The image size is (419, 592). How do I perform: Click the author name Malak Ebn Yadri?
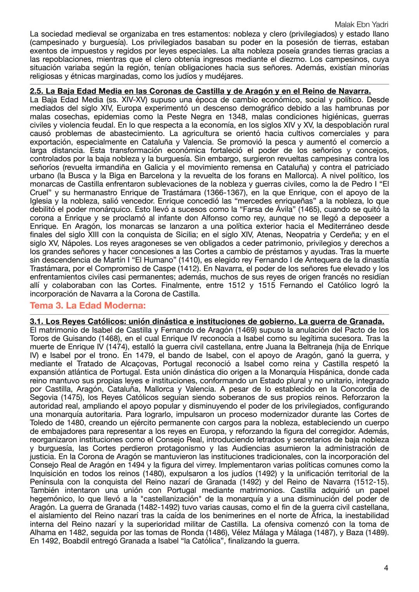pyautogui.click(x=361, y=25)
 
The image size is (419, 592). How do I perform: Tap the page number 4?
pyautogui.click(x=386, y=568)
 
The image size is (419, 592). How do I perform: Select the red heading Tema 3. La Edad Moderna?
pyautogui.click(x=88, y=305)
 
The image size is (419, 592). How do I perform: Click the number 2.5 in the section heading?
pyautogui.click(x=36, y=91)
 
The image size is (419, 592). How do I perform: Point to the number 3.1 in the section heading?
pyautogui.click(x=36, y=322)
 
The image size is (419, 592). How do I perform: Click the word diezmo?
pyautogui.click(x=336, y=59)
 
